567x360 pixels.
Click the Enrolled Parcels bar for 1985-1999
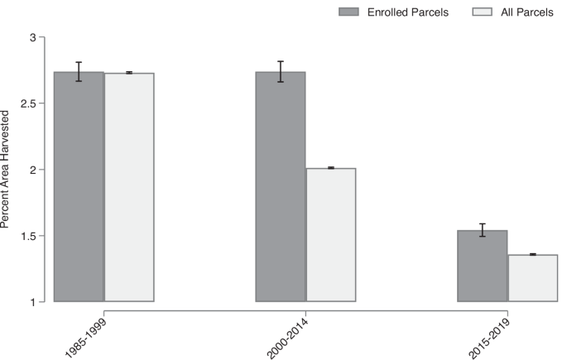click(79, 187)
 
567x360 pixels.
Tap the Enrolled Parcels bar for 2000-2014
click(281, 187)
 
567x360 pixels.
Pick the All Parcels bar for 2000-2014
click(331, 235)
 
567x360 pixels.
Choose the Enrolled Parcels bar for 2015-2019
click(483, 266)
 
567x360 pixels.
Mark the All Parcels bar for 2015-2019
click(533, 278)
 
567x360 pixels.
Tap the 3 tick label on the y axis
click(32, 38)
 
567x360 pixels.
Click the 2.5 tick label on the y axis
click(27, 104)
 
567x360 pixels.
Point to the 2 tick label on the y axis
click(32, 170)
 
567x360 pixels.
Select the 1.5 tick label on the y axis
click(27, 237)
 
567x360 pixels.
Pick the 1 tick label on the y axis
click(32, 302)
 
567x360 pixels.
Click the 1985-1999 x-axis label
click(86, 331)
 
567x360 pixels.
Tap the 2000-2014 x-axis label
click(288, 331)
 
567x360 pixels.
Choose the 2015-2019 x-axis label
click(490, 331)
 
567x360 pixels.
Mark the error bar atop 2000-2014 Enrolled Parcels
click(281, 71)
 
